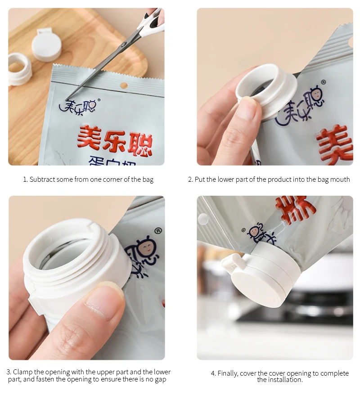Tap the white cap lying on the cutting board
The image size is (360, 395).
click(46, 46)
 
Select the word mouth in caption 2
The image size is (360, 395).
click(340, 180)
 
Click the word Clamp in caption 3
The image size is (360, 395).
click(22, 372)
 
